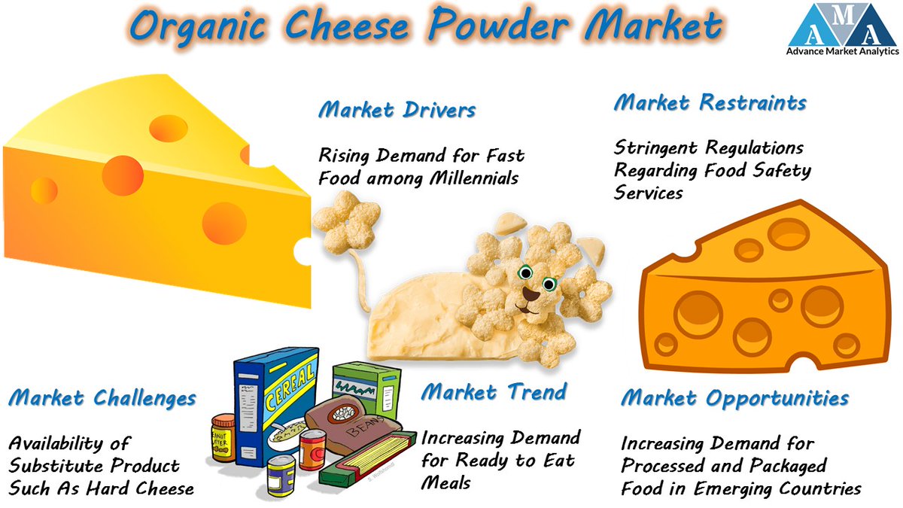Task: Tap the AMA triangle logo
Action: tap(844, 25)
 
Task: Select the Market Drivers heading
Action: tap(397, 110)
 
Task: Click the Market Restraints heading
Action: tap(710, 102)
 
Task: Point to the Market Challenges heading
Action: tap(102, 397)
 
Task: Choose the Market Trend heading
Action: tap(494, 391)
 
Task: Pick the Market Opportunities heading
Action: tap(734, 397)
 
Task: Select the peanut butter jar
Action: tap(223, 436)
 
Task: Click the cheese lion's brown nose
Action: tap(532, 295)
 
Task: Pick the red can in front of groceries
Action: tap(312, 449)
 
